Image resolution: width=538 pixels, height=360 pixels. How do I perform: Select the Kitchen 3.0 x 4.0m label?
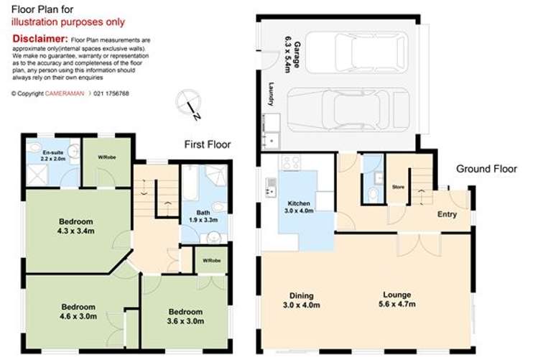[297, 208]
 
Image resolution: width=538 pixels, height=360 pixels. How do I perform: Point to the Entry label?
[447, 214]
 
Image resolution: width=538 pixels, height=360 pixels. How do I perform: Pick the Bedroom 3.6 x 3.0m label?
[185, 316]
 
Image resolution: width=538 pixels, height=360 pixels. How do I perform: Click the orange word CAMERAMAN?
[66, 94]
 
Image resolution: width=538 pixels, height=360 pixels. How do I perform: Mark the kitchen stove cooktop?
[292, 163]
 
